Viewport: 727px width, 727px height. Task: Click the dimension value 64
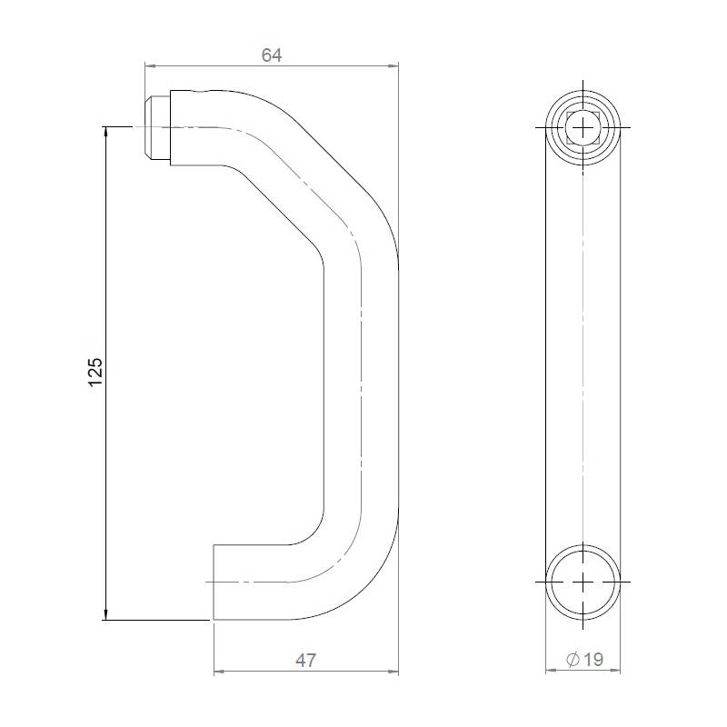pyautogui.click(x=272, y=55)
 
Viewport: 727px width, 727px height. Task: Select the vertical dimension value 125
pyautogui.click(x=96, y=373)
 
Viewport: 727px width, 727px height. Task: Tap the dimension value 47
pyautogui.click(x=306, y=661)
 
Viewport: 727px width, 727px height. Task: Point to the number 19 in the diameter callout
pyautogui.click(x=593, y=661)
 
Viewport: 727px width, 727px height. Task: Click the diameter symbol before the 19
pyautogui.click(x=572, y=661)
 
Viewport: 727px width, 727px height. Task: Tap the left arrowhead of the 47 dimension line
pyautogui.click(x=218, y=672)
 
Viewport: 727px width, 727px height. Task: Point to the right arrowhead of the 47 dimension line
pyautogui.click(x=393, y=672)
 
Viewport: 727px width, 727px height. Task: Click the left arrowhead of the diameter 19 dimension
pyautogui.click(x=550, y=672)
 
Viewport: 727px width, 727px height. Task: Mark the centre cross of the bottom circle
pyautogui.click(x=583, y=580)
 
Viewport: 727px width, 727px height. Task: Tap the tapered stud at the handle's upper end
pyautogui.click(x=154, y=126)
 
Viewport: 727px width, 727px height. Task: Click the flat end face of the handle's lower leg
pyautogui.click(x=214, y=582)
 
